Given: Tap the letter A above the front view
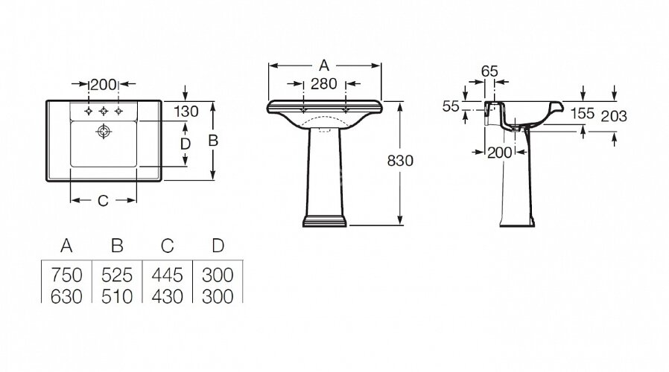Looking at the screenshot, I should [325, 65].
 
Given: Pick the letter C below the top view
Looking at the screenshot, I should [104, 201].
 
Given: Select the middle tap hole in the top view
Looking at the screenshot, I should [104, 112].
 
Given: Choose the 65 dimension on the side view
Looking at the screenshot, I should [489, 71].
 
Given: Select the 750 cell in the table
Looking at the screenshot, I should [66, 275].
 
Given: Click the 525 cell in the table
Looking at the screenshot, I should [116, 275].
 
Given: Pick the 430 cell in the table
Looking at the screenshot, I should [168, 295].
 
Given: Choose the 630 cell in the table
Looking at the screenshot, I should [66, 295].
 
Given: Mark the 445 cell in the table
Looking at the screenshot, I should [168, 275].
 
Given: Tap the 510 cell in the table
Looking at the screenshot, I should [116, 295].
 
